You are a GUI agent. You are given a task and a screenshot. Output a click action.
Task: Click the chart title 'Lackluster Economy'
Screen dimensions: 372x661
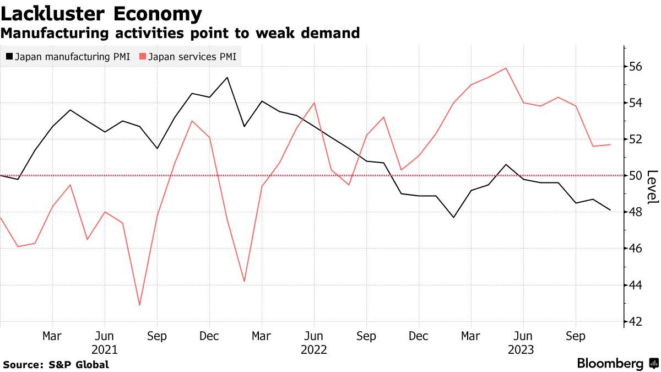click(x=101, y=13)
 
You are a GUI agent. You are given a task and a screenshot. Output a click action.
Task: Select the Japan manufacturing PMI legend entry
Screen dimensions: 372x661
click(x=68, y=56)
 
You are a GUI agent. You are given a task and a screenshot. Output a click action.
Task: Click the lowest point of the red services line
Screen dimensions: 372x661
click(x=139, y=305)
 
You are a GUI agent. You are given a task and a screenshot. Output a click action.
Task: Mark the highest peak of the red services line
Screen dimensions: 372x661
click(x=506, y=68)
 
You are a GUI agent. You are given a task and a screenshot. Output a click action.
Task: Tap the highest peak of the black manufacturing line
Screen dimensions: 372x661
click(x=227, y=77)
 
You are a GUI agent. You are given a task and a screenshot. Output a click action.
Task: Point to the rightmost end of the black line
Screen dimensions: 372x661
click(x=610, y=210)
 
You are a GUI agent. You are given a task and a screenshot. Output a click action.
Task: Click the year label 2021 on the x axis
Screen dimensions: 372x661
click(x=104, y=349)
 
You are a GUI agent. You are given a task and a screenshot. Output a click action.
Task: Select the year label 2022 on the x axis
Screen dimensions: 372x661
click(x=314, y=349)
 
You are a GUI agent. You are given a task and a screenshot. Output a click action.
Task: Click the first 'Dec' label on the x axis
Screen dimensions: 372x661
click(x=209, y=336)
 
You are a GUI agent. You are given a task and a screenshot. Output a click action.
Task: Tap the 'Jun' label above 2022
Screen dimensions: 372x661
click(x=314, y=336)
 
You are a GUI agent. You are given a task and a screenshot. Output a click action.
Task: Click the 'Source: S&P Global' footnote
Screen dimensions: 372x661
click(x=56, y=364)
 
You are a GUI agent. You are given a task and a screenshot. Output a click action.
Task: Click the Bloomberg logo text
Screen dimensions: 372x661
click(x=610, y=364)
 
